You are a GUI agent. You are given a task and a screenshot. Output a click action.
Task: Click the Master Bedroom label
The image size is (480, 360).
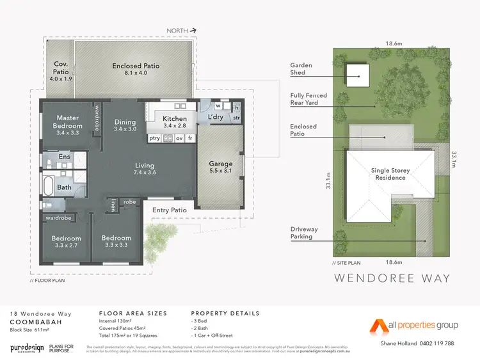[67, 121]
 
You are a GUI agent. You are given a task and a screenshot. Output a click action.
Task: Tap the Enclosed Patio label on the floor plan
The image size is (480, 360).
[136, 66]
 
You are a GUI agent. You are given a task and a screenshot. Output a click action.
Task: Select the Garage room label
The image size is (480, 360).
[221, 164]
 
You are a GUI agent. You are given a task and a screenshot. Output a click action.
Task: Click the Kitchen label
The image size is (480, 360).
[174, 119]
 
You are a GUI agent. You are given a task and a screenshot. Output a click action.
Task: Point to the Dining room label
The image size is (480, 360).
[125, 122]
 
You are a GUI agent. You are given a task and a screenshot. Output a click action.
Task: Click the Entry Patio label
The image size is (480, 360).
[169, 210]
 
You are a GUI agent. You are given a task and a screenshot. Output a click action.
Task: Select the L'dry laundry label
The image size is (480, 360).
[216, 118]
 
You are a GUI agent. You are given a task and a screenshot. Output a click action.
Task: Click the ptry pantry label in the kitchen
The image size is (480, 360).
[154, 138]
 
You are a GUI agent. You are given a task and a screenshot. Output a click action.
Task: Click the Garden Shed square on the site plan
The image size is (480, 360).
[358, 76]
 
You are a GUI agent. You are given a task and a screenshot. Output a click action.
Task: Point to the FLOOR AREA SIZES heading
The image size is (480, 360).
[133, 313]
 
